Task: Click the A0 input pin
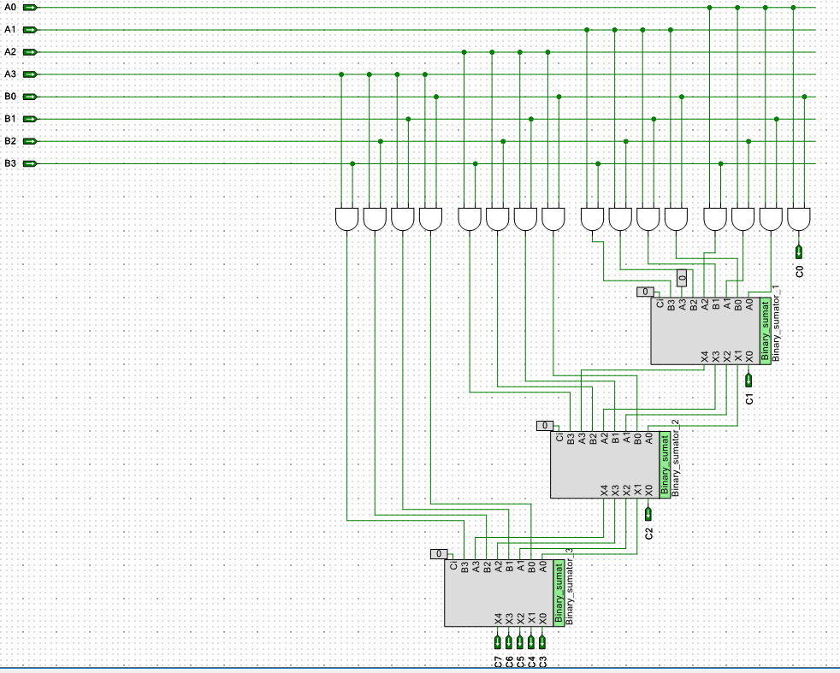(30, 8)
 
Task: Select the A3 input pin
(30, 74)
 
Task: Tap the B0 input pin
(30, 97)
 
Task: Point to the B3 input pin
(30, 163)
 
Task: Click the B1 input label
(10, 119)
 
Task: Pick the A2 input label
(10, 52)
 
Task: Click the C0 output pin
(799, 251)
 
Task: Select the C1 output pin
(748, 379)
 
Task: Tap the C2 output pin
(648, 513)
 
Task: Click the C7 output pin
(497, 641)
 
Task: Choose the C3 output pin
(542, 641)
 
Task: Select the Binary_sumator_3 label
(570, 593)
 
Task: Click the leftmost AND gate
(346, 219)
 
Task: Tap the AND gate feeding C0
(799, 219)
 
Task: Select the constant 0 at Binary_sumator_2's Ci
(545, 425)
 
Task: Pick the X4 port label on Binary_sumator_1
(705, 356)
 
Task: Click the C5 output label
(520, 660)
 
